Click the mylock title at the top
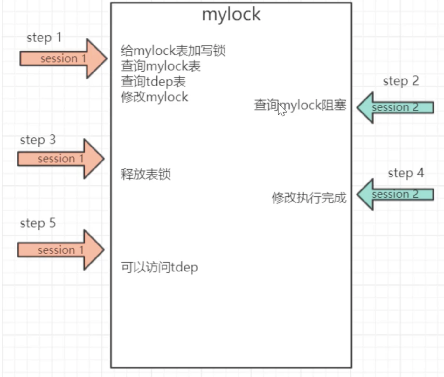[231, 15]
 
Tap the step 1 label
[44, 38]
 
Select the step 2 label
[401, 81]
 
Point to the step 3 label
[38, 140]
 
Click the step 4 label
[406, 173]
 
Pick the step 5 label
[38, 223]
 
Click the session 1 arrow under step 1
[64, 58]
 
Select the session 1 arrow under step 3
[61, 159]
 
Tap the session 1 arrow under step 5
[61, 250]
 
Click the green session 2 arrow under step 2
[395, 107]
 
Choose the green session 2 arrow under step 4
[395, 195]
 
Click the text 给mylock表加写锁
[173, 51]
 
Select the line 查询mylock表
[161, 66]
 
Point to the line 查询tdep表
[153, 82]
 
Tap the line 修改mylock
[155, 97]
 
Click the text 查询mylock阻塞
[300, 105]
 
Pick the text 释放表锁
[146, 174]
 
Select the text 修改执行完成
[309, 198]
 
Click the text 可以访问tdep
[159, 268]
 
